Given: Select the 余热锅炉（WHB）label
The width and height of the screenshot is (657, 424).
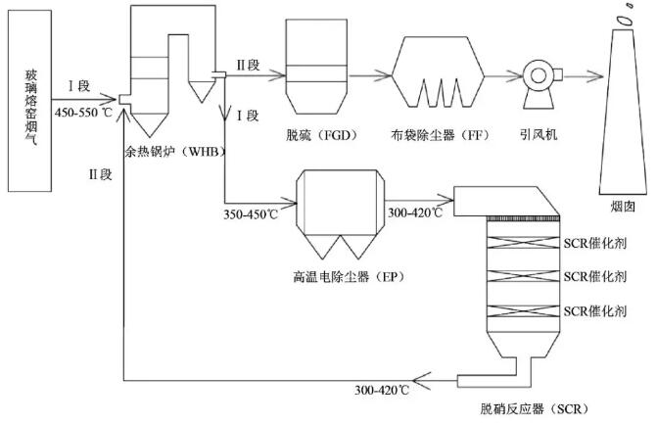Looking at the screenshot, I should point(164,153).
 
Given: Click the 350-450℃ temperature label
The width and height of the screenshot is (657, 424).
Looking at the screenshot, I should point(252,212).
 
